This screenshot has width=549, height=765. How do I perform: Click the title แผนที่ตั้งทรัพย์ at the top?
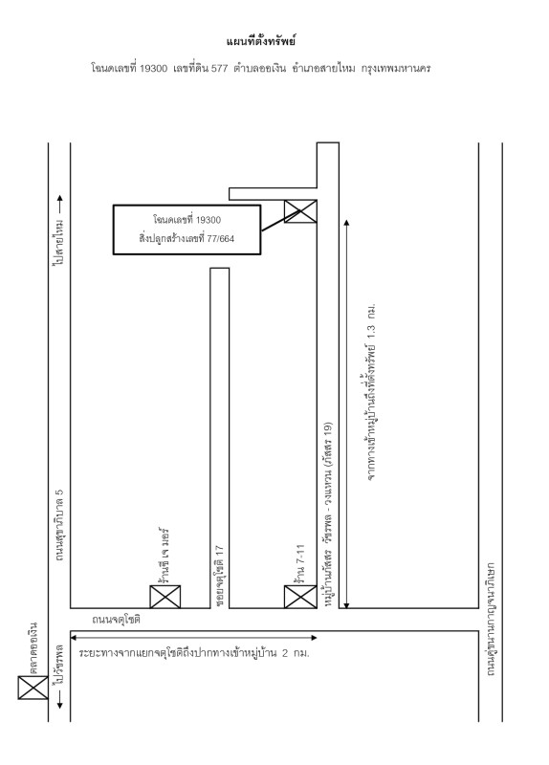click(261, 41)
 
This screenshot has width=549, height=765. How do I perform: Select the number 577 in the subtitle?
click(219, 68)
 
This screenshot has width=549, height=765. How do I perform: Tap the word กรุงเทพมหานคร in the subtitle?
click(396, 68)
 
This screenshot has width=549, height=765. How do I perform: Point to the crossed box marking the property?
click(300, 211)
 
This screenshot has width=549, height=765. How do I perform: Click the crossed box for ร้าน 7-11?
click(300, 597)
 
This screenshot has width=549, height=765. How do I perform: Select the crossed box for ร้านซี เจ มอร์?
click(165, 597)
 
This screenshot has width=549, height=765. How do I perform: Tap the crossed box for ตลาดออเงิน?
click(33, 688)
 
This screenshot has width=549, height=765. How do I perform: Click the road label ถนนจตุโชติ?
click(116, 620)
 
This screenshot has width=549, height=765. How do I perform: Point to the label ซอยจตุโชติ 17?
click(219, 577)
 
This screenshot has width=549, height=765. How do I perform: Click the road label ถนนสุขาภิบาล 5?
click(59, 523)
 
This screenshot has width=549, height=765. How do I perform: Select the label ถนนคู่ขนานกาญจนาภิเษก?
click(491, 619)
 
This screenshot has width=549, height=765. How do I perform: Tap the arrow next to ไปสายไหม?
click(60, 205)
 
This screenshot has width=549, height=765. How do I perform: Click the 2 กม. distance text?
click(296, 653)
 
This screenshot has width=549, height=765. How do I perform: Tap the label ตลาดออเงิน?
click(33, 648)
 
